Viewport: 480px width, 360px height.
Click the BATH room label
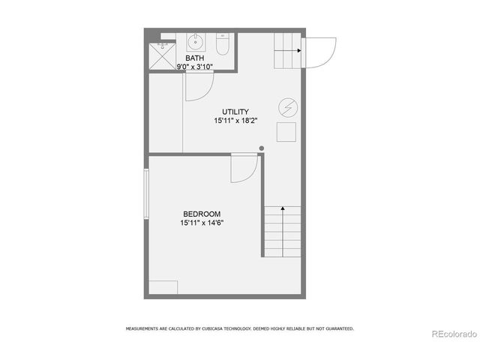(x=194, y=58)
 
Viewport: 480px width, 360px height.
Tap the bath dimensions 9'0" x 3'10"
(x=194, y=67)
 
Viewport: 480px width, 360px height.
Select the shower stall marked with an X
(x=161, y=55)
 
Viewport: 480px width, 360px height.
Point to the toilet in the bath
(x=222, y=45)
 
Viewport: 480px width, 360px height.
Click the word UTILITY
(x=235, y=112)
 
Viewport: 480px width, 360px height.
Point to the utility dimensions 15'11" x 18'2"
(x=235, y=121)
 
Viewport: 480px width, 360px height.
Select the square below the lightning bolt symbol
(x=286, y=133)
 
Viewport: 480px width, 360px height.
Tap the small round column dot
(x=261, y=148)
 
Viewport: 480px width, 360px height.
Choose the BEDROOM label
(x=202, y=214)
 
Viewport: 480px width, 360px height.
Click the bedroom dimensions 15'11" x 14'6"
(x=202, y=223)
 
